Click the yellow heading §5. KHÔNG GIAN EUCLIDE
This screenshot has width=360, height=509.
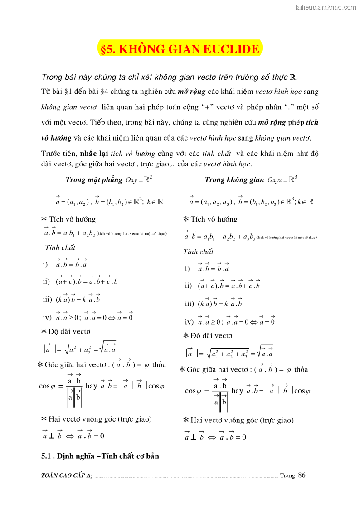[x=180, y=49]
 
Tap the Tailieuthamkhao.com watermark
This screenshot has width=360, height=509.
[x=325, y=7]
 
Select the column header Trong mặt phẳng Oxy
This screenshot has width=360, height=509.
[x=108, y=179]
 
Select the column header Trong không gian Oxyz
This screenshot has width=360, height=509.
[x=251, y=179]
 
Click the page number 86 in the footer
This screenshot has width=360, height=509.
[x=302, y=475]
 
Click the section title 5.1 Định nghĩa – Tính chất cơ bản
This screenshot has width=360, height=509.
[x=100, y=456]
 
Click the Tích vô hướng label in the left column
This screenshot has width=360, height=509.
[x=72, y=219]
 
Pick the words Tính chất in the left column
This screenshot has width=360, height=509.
[x=60, y=247]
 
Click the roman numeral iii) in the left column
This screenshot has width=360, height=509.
[x=48, y=300]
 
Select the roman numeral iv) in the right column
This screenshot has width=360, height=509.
[x=190, y=322]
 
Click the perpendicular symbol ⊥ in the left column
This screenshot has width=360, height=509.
[x=51, y=436]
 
